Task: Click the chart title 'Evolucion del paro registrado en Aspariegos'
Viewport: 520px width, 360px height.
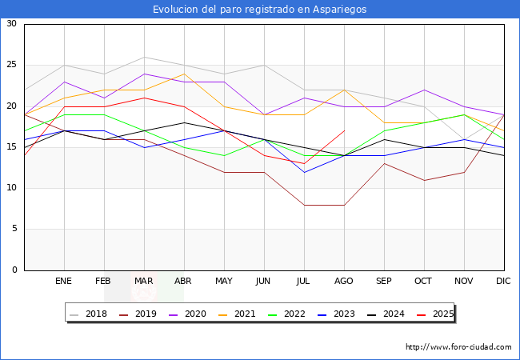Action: [260, 10]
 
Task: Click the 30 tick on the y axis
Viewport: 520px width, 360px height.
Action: [11, 24]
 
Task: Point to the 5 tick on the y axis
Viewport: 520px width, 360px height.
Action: [14, 230]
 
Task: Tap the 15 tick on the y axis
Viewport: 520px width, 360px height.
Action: [11, 147]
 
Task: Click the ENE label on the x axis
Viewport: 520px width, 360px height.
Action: [64, 282]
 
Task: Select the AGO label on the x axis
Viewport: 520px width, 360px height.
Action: [344, 282]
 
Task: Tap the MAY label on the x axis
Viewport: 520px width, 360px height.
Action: [224, 282]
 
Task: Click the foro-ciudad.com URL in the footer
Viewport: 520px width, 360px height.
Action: [458, 347]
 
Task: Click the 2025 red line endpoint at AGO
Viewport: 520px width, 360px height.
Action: [344, 130]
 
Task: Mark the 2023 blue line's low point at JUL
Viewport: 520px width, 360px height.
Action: [304, 172]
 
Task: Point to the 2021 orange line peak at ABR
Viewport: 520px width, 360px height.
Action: [184, 74]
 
